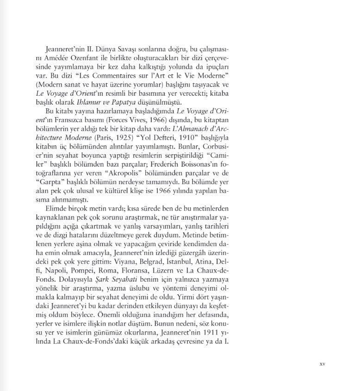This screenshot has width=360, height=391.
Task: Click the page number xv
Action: coord(323,364)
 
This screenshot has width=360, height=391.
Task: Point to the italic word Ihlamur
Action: coord(92,102)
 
